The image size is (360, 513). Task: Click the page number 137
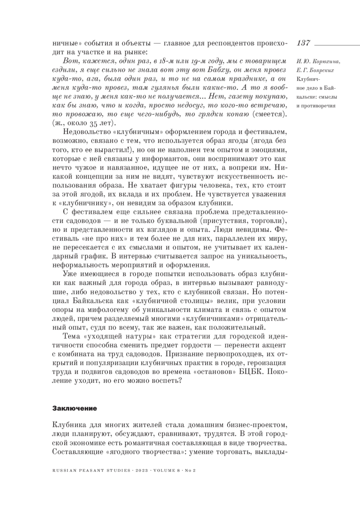[x=303, y=43]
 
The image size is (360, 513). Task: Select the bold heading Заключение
[x=74, y=408]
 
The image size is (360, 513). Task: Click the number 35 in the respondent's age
[x=94, y=123]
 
